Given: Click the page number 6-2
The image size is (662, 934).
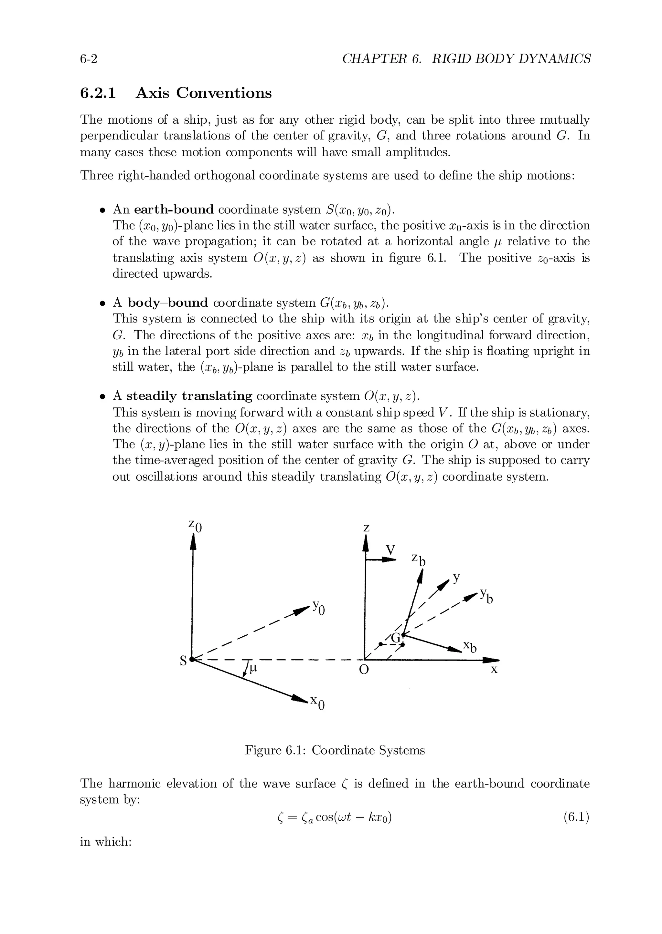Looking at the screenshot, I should [x=89, y=59].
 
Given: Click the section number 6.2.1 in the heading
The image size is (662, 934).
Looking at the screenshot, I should [x=98, y=93].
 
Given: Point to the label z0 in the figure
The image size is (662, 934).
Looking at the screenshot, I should [x=195, y=526].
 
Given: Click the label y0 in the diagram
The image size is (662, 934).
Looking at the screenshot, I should [x=319, y=608].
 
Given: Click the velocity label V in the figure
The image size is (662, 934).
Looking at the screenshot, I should [x=390, y=550].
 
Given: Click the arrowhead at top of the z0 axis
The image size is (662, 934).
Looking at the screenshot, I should [x=194, y=541].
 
